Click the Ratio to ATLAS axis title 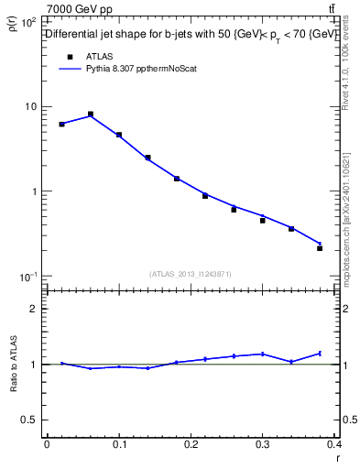[14, 364]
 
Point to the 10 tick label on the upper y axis [29, 106]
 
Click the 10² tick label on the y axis [28, 21]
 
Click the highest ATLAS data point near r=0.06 [91, 115]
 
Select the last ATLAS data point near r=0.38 [320, 248]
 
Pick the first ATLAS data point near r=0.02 [61, 124]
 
